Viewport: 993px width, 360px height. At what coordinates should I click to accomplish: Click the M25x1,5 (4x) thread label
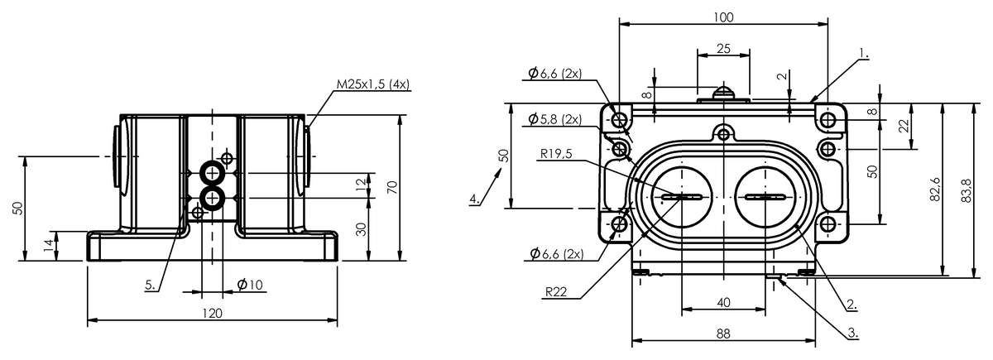pyautogui.click(x=373, y=84)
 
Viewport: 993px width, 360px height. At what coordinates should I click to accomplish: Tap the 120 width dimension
pyautogui.click(x=212, y=314)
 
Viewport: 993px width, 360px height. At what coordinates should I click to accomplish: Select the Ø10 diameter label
pyautogui.click(x=250, y=285)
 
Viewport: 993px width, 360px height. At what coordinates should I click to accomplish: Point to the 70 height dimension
pyautogui.click(x=392, y=187)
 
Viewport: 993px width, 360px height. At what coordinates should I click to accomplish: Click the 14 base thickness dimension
pyautogui.click(x=50, y=246)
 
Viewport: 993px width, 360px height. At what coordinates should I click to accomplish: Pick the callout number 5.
pyautogui.click(x=151, y=285)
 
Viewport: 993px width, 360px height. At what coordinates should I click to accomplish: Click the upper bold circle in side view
pyautogui.click(x=213, y=173)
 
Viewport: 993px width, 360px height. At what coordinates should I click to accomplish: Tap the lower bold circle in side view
pyautogui.click(x=213, y=198)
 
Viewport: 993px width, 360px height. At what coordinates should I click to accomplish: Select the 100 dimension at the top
pyautogui.click(x=723, y=17)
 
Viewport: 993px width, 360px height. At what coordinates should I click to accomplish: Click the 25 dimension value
pyautogui.click(x=723, y=49)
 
